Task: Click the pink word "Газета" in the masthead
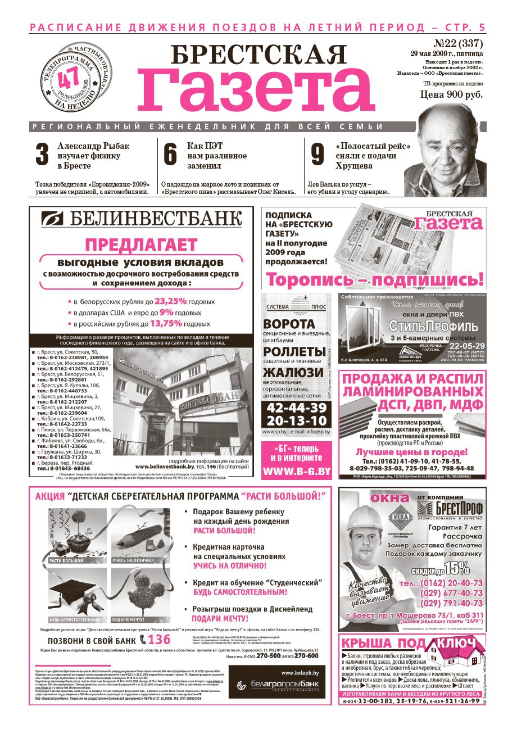point(256,89)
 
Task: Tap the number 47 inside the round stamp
point(71,76)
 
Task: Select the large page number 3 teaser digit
point(42,155)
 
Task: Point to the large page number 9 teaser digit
point(318,155)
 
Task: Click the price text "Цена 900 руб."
point(451,94)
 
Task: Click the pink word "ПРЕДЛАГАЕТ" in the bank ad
point(140,245)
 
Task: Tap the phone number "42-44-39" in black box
point(296,407)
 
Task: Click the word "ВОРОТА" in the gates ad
point(289,324)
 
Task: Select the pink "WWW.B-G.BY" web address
point(296,471)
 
